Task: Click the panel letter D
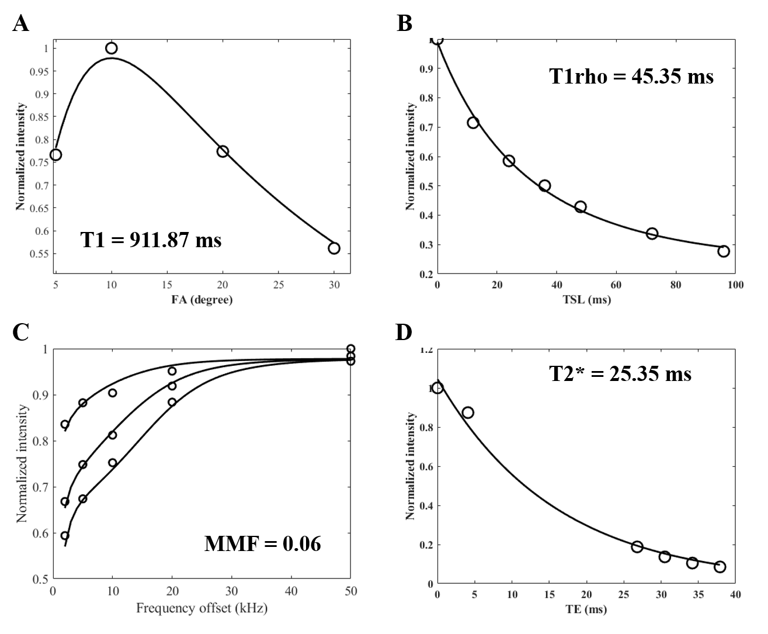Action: pyautogui.click(x=404, y=333)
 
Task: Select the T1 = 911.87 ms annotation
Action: pyautogui.click(x=151, y=240)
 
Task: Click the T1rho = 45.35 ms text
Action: pyautogui.click(x=631, y=77)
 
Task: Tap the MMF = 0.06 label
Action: pyautogui.click(x=262, y=544)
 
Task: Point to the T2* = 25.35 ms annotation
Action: pyautogui.click(x=620, y=373)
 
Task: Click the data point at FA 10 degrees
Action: pyautogui.click(x=112, y=48)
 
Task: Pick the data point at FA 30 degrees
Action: pyautogui.click(x=334, y=248)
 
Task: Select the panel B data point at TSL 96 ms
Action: pyautogui.click(x=724, y=251)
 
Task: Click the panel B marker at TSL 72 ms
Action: pyautogui.click(x=652, y=234)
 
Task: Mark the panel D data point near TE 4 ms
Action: pyautogui.click(x=468, y=413)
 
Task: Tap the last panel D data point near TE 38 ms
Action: pyautogui.click(x=720, y=567)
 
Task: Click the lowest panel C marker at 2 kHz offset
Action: pyautogui.click(x=65, y=536)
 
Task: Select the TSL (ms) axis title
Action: pyautogui.click(x=586, y=300)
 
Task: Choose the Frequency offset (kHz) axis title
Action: pyautogui.click(x=201, y=609)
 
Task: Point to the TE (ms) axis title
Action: pyautogui.click(x=586, y=610)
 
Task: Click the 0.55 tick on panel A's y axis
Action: pyautogui.click(x=37, y=254)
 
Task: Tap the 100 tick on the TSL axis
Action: pyautogui.click(x=735, y=285)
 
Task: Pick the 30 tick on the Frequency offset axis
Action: pyautogui.click(x=231, y=591)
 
